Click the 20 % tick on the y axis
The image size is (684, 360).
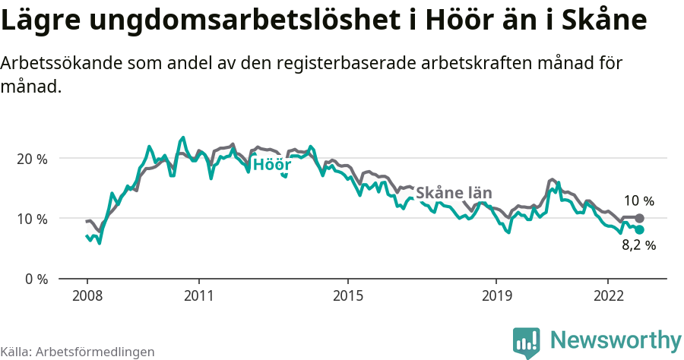click(x=31, y=159)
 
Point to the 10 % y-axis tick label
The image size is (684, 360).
click(x=31, y=219)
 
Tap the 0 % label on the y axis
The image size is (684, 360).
click(x=34, y=279)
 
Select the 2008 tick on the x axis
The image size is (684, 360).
click(x=87, y=295)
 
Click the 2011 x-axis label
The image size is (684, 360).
click(x=198, y=295)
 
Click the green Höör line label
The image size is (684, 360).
click(x=271, y=165)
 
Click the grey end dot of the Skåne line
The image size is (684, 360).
click(x=639, y=218)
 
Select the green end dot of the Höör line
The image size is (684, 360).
click(x=639, y=229)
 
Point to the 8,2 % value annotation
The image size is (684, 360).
click(x=638, y=245)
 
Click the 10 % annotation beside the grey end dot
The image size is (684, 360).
click(x=638, y=201)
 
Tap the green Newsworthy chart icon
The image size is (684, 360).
click(x=527, y=343)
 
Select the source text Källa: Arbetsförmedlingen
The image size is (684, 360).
click(x=78, y=352)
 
